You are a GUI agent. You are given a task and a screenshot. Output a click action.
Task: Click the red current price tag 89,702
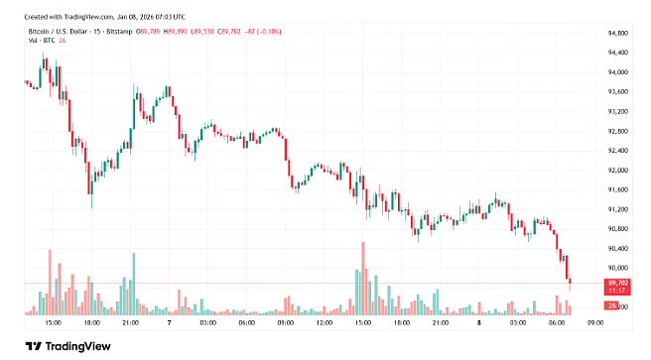[617, 283]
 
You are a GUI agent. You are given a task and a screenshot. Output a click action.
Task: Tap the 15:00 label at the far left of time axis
[54, 323]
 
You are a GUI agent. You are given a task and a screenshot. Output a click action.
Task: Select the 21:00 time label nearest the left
[129, 323]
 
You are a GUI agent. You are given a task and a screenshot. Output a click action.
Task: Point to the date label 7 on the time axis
[170, 323]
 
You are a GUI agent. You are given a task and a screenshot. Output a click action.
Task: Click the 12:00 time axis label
[324, 323]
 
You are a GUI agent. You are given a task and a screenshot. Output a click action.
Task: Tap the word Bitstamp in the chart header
[121, 32]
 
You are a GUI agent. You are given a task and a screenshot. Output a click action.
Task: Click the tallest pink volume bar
[363, 278]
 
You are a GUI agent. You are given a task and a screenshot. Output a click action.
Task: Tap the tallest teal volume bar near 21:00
[133, 284]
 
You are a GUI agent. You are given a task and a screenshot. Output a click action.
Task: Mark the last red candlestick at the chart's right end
[570, 275]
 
